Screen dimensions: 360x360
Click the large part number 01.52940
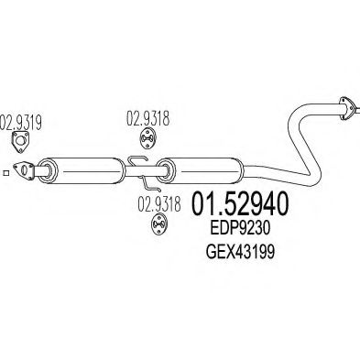point(239,203)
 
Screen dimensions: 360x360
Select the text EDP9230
point(240,228)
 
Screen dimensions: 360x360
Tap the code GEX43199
point(240,252)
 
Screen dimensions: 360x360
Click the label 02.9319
point(21,122)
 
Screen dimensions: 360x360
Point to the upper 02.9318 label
point(147,118)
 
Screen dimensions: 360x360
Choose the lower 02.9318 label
point(159,203)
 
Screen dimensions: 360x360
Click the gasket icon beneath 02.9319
point(21,142)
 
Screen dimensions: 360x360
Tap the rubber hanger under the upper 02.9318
point(147,139)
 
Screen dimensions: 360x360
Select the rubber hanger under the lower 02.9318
point(159,224)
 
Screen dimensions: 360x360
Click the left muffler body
point(82,170)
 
